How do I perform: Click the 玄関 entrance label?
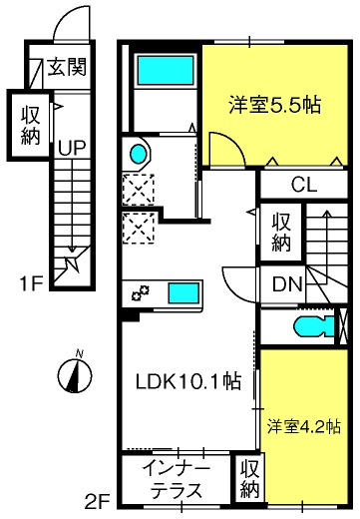tap(67, 67)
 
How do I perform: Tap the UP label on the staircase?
tap(72, 148)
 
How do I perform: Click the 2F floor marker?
tap(97, 502)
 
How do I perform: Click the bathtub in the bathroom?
tap(166, 70)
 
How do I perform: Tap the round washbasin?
tap(138, 154)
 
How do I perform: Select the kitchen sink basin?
tap(183, 292)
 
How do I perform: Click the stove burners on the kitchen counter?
tap(140, 292)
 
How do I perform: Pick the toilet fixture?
tap(314, 325)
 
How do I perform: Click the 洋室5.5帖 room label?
tap(274, 105)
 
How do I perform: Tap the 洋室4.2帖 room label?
tap(304, 427)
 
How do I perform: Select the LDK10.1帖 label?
tap(188, 381)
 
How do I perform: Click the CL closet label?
tap(304, 185)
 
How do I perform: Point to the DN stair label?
tap(287, 284)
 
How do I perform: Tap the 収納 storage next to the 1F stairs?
tap(30, 125)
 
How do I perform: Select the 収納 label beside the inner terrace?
tap(249, 478)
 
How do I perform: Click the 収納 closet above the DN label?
tap(281, 232)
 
